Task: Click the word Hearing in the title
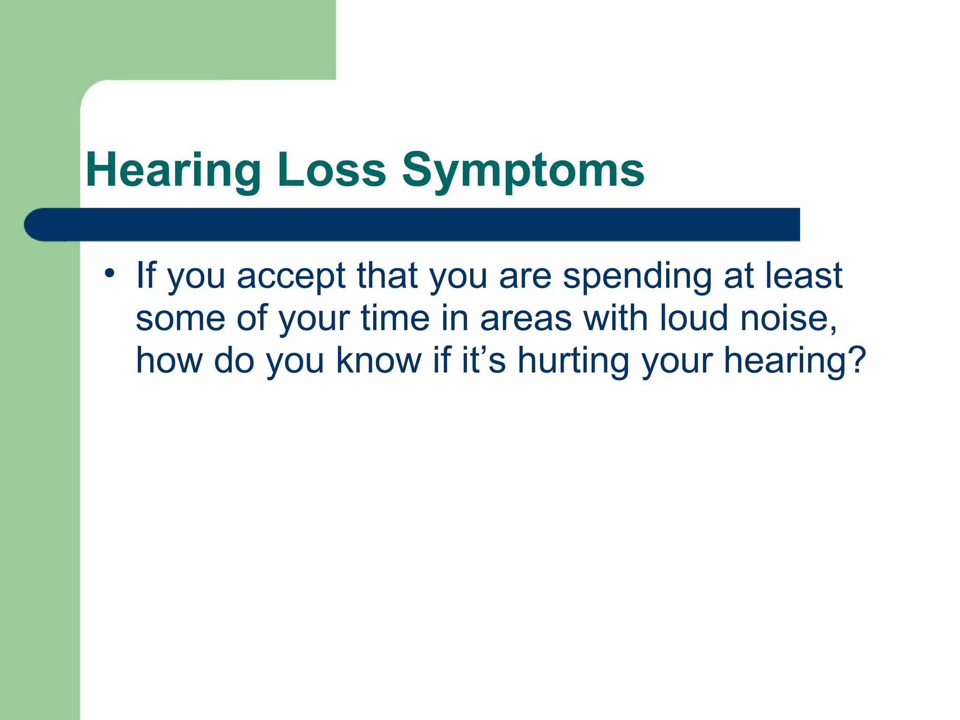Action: [x=173, y=171]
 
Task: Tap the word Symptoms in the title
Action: [x=523, y=171]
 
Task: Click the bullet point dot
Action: [x=109, y=273]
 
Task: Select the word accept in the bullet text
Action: [x=291, y=277]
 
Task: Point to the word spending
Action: [x=637, y=277]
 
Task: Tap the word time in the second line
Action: [x=395, y=318]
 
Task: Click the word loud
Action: [x=694, y=318]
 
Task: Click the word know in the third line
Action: [x=379, y=360]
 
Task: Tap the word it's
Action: [x=483, y=360]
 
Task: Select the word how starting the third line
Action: [x=169, y=360]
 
